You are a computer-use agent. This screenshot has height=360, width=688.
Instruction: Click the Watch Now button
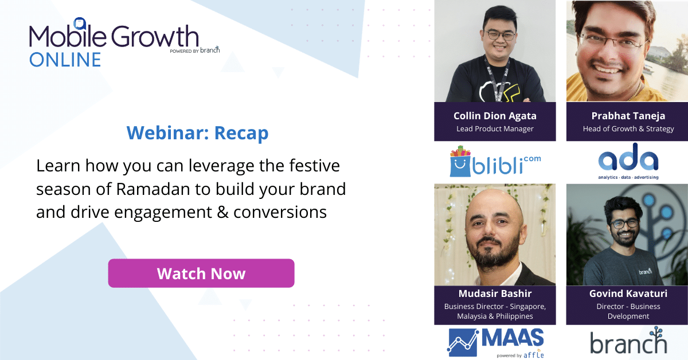tap(201, 273)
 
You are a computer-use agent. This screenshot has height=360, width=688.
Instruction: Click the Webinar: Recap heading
tap(198, 133)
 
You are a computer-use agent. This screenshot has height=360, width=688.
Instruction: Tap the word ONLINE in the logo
tap(65, 59)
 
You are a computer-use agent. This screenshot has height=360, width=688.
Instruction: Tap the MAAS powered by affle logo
tap(495, 343)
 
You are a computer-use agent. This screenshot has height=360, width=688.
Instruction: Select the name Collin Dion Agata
tap(495, 116)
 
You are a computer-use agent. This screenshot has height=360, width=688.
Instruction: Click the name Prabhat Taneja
tap(628, 116)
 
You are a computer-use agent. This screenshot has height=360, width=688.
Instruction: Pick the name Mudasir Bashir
tap(495, 294)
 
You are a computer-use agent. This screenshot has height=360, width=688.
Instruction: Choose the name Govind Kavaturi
tap(628, 294)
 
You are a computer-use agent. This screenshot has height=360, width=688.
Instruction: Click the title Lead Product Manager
tap(495, 129)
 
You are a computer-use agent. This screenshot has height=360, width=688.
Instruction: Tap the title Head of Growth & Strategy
tap(628, 129)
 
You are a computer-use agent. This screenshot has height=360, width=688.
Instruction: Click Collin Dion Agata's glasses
tap(494, 35)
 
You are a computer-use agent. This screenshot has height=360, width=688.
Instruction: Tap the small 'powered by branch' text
tap(194, 50)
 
